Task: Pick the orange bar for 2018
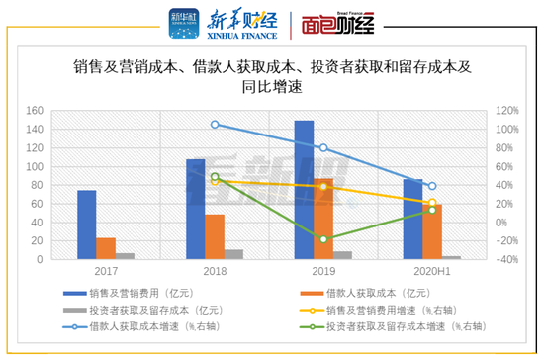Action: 215,236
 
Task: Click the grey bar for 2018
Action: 233,254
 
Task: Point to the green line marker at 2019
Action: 323,239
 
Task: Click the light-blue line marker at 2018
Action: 215,125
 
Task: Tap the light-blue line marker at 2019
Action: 323,148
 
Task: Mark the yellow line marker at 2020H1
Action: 431,203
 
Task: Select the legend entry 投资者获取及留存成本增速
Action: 396,325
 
